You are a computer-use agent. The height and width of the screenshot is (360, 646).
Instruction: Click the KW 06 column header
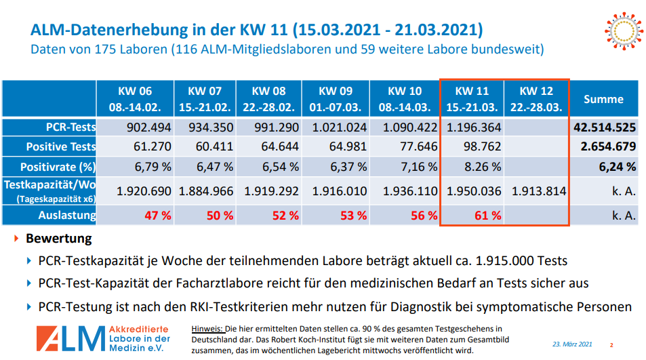tap(136, 99)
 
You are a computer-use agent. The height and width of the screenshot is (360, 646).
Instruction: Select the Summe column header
tap(603, 99)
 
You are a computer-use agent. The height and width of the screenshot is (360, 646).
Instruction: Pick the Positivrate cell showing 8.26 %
tap(480, 166)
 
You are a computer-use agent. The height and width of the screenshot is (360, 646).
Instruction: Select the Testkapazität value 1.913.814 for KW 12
tap(538, 191)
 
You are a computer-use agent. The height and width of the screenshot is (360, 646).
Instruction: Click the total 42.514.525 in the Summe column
tap(604, 127)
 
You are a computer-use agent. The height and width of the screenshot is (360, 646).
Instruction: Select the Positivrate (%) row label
tap(58, 166)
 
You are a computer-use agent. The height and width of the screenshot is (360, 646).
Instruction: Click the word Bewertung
tap(58, 239)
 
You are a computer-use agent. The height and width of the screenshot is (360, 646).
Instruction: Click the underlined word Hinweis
tap(207, 327)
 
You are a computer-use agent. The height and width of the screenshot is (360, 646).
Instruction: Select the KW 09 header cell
tap(336, 99)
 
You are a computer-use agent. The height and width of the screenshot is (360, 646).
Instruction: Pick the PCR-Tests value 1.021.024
tap(339, 127)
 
